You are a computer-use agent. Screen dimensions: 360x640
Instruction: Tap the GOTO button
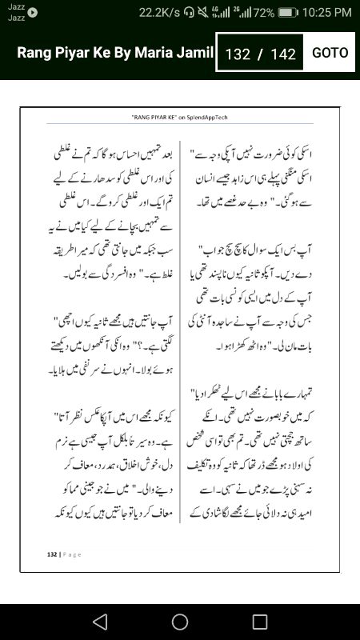pyautogui.click(x=330, y=53)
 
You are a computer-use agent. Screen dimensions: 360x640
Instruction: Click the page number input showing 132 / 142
pyautogui.click(x=260, y=54)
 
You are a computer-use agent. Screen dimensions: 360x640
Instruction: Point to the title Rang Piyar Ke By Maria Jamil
pyautogui.click(x=115, y=53)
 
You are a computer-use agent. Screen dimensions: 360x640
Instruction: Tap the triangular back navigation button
pyautogui.click(x=100, y=622)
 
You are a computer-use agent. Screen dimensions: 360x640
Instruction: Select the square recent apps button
pyautogui.click(x=260, y=622)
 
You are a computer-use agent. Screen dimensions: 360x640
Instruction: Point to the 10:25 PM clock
pyautogui.click(x=328, y=12)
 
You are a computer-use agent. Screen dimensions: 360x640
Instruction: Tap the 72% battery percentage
pyautogui.click(x=264, y=12)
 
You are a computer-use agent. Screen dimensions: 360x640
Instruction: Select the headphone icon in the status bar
pyautogui.click(x=189, y=12)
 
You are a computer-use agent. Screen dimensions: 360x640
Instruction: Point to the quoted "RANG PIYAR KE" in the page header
pyautogui.click(x=153, y=117)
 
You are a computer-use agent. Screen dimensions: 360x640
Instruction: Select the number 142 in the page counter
pyautogui.click(x=283, y=54)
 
